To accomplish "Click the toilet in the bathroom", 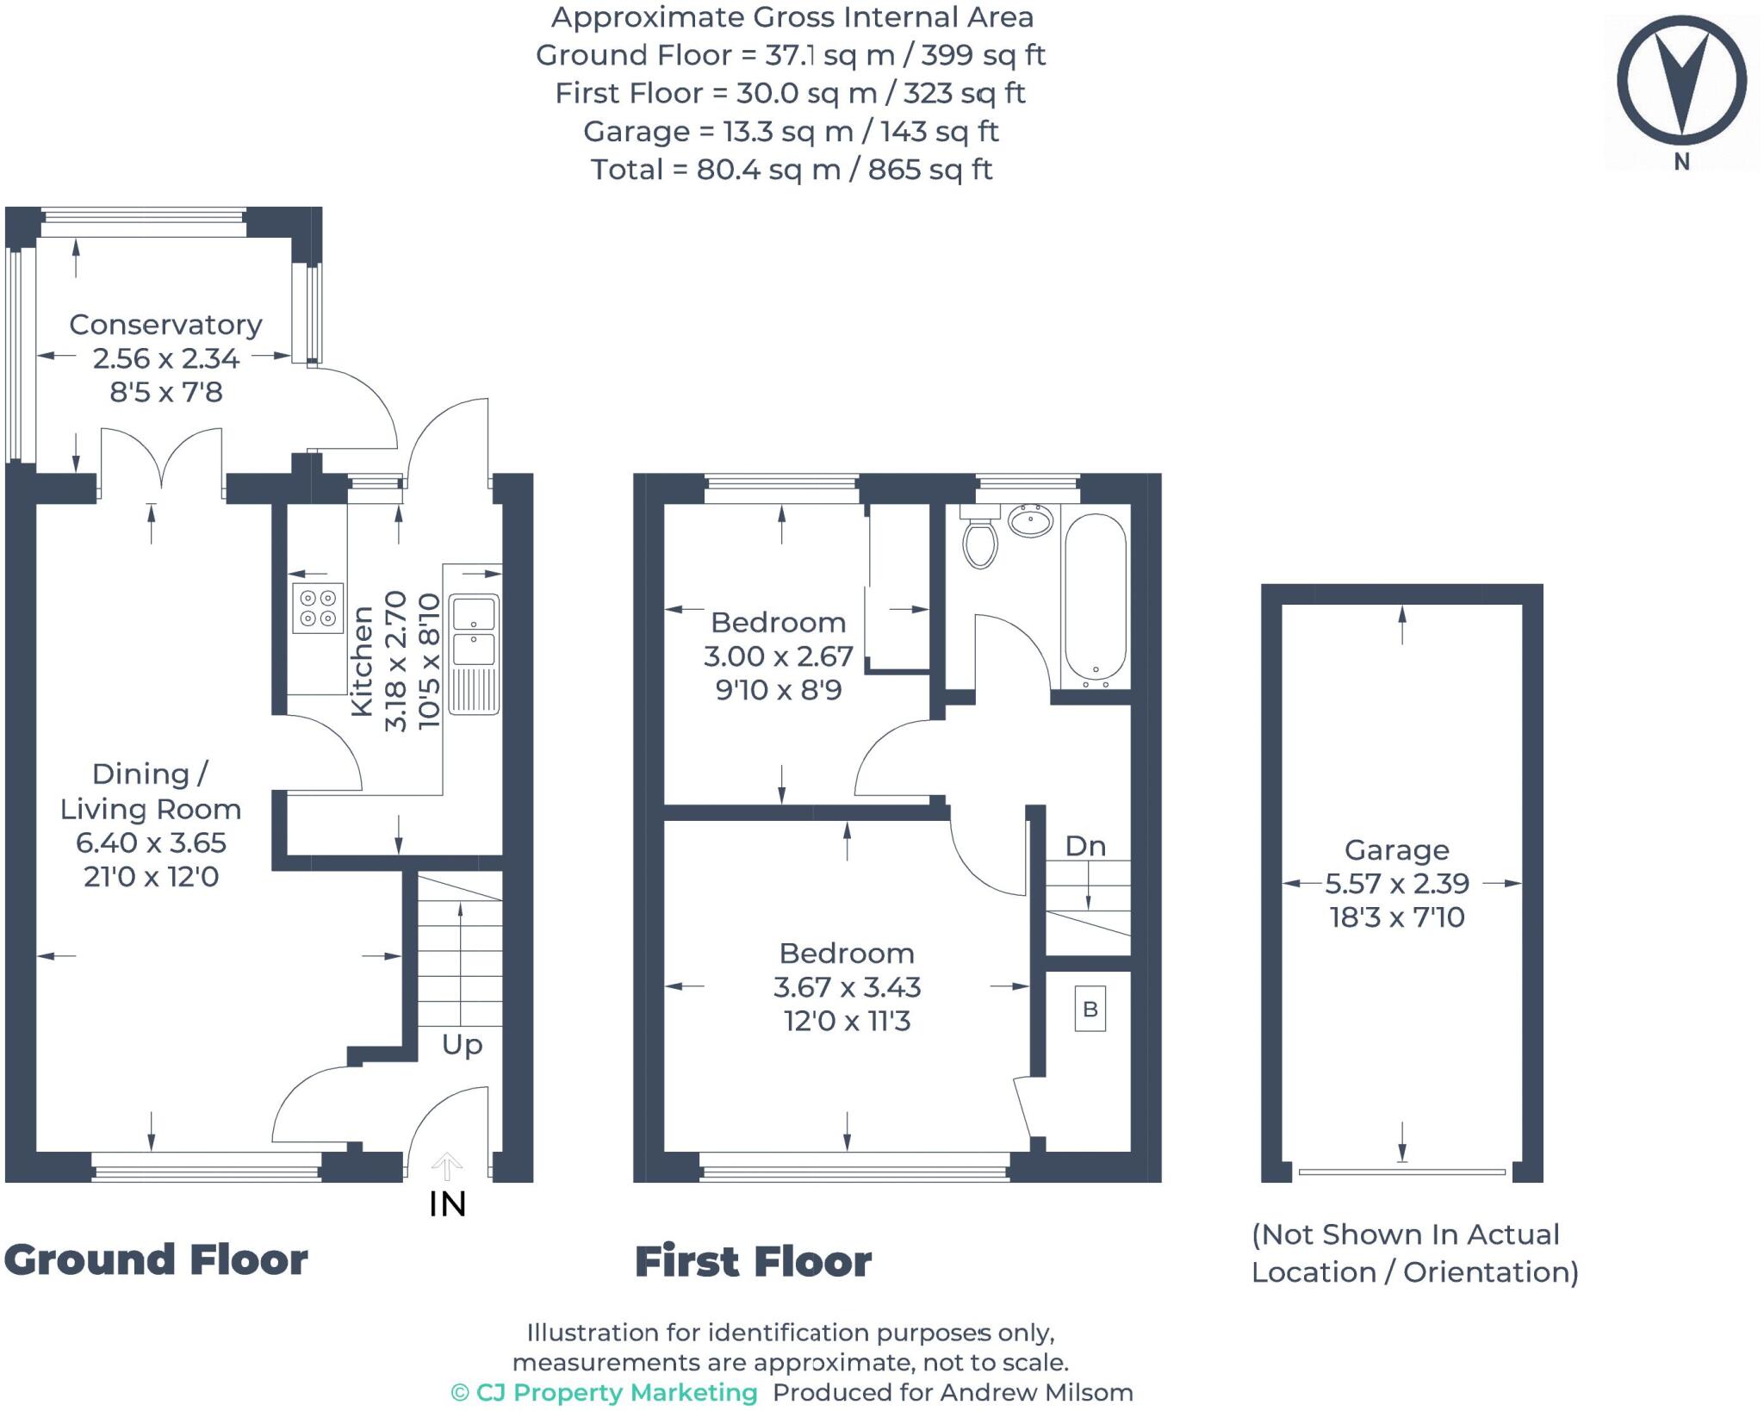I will click(979, 540).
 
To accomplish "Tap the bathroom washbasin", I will click(1030, 521).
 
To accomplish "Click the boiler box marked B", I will click(1090, 1009).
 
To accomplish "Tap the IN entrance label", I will click(447, 1204).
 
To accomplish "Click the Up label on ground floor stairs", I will click(462, 1045).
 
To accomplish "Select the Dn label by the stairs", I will click(1084, 846).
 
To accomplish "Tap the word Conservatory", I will click(165, 325).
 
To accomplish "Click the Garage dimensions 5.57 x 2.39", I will click(1396, 883).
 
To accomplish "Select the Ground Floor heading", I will click(156, 1259).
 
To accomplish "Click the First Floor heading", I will click(753, 1262).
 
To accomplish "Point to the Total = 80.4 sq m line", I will click(791, 170).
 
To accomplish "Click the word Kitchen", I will click(363, 661).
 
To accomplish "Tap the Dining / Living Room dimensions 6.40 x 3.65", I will click(151, 842).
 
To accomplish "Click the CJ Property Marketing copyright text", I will click(605, 1392).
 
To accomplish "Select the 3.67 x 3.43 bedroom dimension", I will click(847, 987).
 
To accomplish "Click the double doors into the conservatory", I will click(161, 465).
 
